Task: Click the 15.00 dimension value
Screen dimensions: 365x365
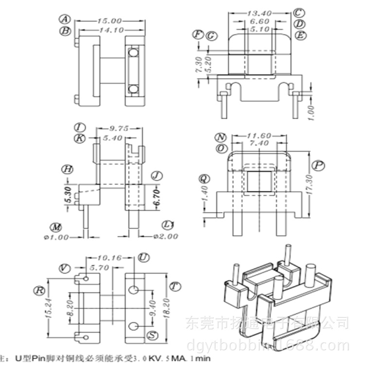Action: [109, 21]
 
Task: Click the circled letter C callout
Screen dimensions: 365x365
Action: [299, 13]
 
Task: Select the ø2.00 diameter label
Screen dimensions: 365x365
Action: [163, 237]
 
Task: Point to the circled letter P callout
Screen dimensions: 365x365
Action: [319, 166]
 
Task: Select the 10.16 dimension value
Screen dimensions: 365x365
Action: [109, 258]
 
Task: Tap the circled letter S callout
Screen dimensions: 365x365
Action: [152, 335]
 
